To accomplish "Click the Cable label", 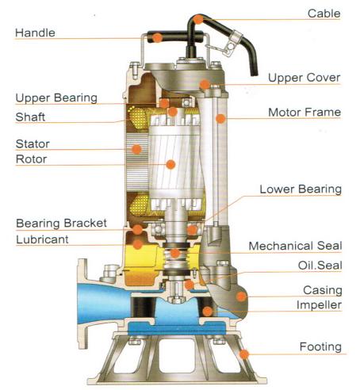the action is tap(324, 13).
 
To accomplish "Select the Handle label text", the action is tap(35, 33).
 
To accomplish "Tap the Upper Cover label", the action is tap(304, 78).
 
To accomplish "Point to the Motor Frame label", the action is tap(304, 113).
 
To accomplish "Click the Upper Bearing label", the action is tap(56, 98).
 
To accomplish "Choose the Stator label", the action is tap(33, 144).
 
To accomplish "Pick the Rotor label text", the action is tap(32, 159).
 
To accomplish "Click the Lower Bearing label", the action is tap(301, 189).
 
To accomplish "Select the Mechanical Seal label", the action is tap(296, 246).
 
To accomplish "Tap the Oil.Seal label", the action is tap(320, 266).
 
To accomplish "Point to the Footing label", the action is tap(320, 346).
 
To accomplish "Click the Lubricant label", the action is tap(42, 239).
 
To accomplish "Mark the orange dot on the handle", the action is tap(157, 38).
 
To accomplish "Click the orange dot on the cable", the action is tap(197, 19).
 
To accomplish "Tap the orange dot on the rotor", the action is tap(170, 165).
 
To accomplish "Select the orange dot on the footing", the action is tap(244, 354).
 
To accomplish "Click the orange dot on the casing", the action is tap(241, 296).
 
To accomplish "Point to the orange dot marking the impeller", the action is tap(208, 312).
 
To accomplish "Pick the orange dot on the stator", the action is tap(136, 149).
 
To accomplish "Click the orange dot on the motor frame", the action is tap(220, 119).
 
